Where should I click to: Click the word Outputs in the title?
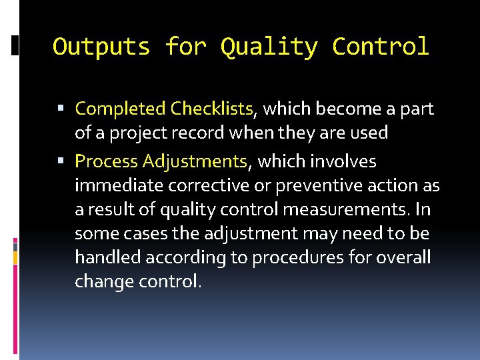101,47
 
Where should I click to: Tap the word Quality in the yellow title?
269,47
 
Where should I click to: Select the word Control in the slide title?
381,47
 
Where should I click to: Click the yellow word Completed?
121,109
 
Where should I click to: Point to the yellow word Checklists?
211,109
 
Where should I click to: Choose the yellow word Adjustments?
195,162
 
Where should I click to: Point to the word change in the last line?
101,282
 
